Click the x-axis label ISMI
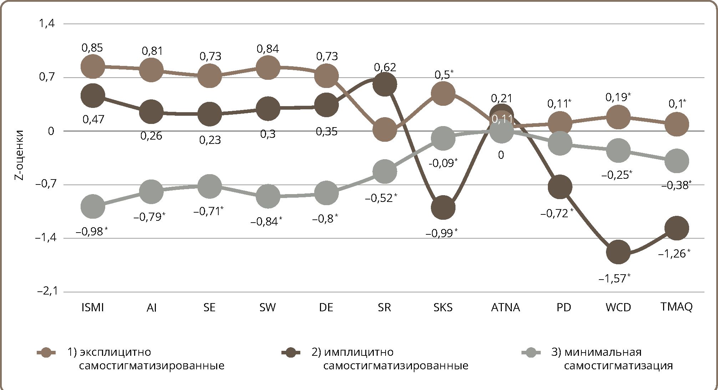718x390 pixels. (93, 307)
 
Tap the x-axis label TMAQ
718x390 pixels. (676, 307)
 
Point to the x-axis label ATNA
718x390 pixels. (505, 307)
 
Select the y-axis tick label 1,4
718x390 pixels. (46, 24)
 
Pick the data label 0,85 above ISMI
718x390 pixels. (92, 48)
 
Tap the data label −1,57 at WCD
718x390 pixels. (614, 278)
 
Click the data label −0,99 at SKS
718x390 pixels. (441, 233)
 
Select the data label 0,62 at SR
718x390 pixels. (385, 67)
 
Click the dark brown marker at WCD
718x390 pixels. (618, 252)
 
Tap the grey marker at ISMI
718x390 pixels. (93, 206)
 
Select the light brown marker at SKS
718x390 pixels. (443, 93)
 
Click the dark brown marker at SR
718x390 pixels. (385, 84)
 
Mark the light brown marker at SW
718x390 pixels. (268, 67)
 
